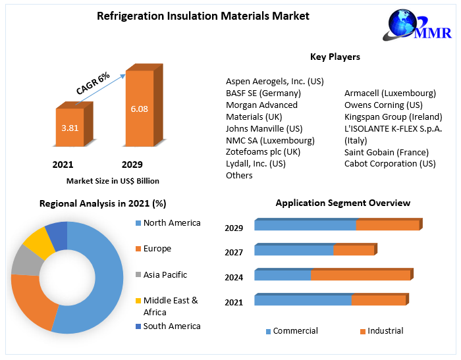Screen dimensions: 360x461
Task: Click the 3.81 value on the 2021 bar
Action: pos(70,128)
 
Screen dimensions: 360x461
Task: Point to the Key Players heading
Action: pos(335,57)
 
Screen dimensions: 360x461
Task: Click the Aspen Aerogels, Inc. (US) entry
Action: pos(275,82)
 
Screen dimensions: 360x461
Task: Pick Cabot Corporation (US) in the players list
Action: pos(390,164)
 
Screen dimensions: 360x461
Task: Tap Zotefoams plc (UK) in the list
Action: pos(263,152)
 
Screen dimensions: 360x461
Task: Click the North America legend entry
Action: pos(171,223)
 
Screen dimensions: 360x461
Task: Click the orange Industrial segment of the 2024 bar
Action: pos(360,275)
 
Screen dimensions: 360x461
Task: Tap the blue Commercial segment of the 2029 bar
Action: pos(305,226)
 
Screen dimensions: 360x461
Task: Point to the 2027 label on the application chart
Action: pos(234,252)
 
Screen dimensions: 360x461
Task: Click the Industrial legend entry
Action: pos(385,331)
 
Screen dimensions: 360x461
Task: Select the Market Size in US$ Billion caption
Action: pos(113,181)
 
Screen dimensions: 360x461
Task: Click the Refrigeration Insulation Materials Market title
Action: pos(203,16)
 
